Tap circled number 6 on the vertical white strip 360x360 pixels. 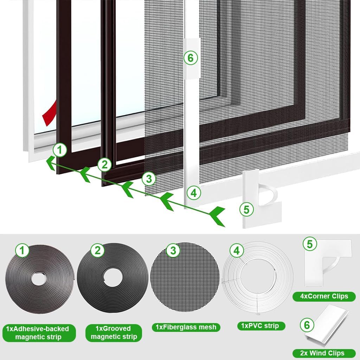pos(191,58)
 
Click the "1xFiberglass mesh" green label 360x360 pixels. pos(186,327)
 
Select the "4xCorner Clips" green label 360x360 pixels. pos(324,296)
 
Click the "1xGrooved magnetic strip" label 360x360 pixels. pos(114,333)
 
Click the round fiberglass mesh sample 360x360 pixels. pos(185,278)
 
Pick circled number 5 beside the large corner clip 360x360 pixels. pos(246,210)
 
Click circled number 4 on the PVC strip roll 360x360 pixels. pos(237,251)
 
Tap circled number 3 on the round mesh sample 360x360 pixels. pos(173,251)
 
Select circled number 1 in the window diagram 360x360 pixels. pos(60,150)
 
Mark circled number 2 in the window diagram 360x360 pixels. pos(104,164)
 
